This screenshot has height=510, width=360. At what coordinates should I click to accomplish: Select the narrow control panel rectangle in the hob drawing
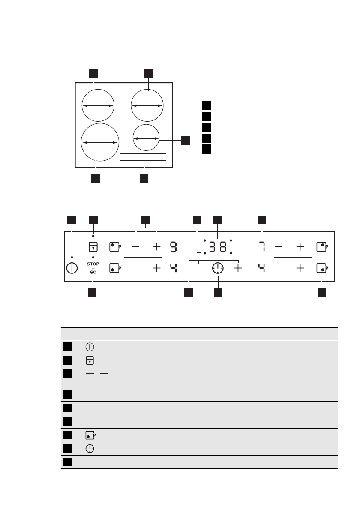(x=143, y=157)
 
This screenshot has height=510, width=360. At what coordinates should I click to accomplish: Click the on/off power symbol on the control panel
(x=72, y=268)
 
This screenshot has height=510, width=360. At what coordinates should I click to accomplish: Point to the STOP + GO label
(x=93, y=268)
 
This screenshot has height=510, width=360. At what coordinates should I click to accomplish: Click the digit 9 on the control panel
(x=173, y=247)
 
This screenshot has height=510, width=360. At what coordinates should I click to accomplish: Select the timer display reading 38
(x=218, y=247)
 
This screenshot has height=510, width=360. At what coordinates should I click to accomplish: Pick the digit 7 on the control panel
(x=262, y=247)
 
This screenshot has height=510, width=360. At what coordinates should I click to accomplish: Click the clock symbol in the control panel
(x=218, y=268)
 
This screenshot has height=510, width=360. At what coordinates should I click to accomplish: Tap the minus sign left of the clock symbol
(x=198, y=268)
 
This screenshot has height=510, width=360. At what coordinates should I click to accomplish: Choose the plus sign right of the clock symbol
(x=238, y=268)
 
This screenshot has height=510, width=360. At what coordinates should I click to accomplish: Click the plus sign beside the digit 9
(x=156, y=247)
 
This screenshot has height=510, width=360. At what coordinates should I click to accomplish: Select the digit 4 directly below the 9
(x=173, y=268)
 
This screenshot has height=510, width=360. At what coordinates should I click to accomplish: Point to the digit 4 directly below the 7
(x=262, y=268)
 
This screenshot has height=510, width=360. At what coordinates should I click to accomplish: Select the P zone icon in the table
(x=90, y=435)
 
